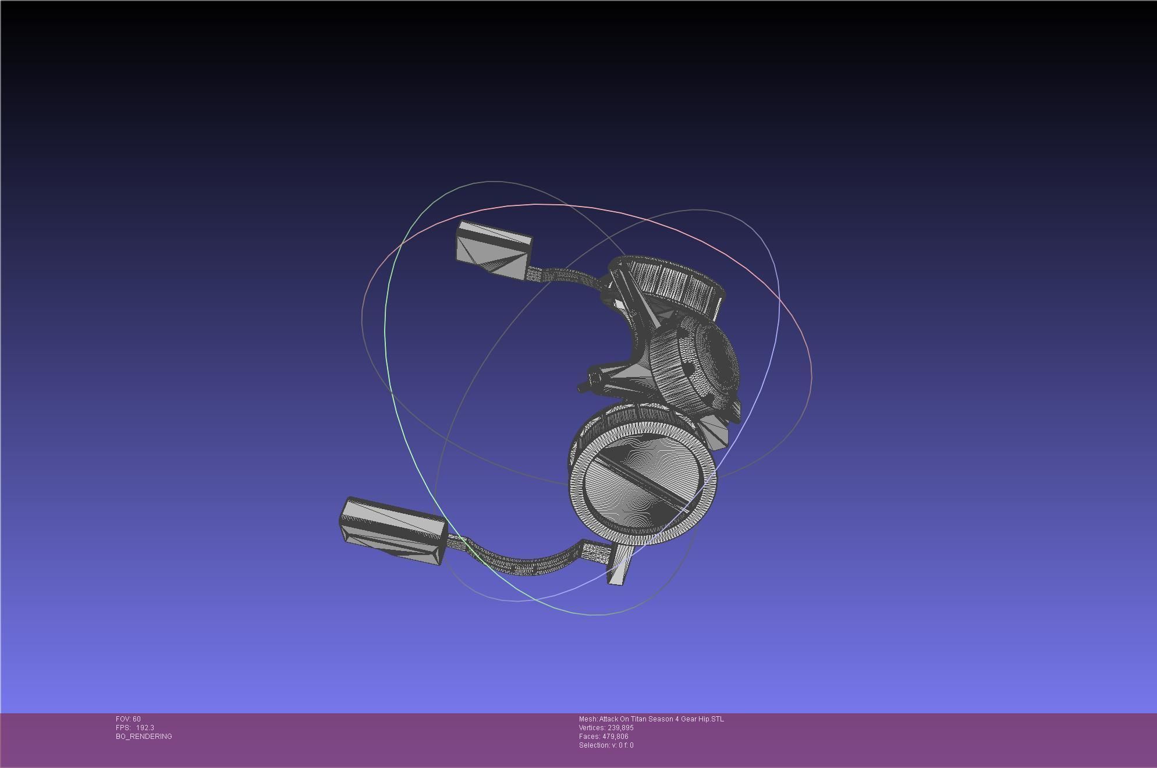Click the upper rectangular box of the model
494,251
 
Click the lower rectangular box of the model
393,530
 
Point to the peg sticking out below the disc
619,567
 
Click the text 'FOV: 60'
128,719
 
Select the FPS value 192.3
145,728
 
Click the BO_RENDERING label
144,737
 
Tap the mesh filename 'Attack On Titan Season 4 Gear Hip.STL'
662,719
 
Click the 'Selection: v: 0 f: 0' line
606,745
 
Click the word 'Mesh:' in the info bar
588,719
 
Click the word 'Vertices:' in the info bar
592,728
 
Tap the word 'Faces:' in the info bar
590,737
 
